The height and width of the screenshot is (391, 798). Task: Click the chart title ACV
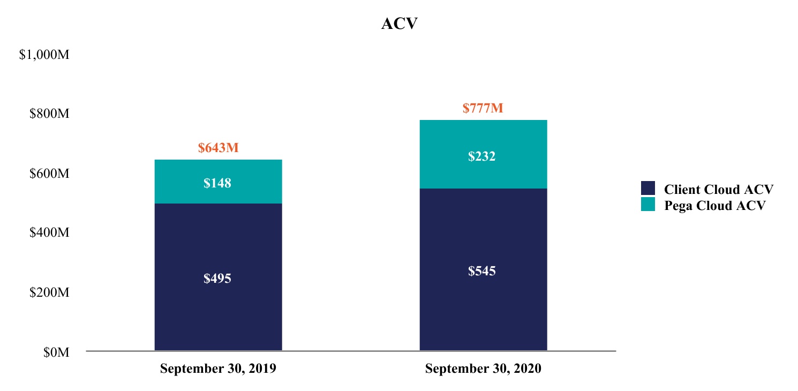point(399,24)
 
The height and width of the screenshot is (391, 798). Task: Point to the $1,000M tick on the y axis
point(44,55)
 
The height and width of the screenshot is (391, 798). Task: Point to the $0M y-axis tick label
point(56,352)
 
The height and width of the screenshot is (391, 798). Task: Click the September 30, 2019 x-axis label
point(218,369)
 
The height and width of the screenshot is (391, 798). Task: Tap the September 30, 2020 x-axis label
point(483,369)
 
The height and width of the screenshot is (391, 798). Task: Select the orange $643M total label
point(218,148)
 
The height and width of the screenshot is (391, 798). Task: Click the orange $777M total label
point(483,109)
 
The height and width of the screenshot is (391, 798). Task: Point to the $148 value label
point(217,183)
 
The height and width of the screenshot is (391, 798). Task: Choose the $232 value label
point(483,157)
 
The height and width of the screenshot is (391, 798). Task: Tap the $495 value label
point(217,279)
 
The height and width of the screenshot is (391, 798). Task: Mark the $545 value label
point(483,271)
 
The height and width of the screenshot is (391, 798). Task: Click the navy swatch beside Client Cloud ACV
point(648,189)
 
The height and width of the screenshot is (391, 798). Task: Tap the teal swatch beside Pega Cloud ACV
point(648,204)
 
